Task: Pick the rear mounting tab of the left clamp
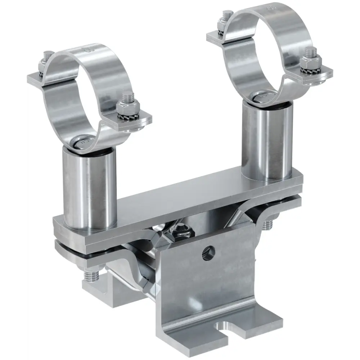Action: point(40,77)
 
